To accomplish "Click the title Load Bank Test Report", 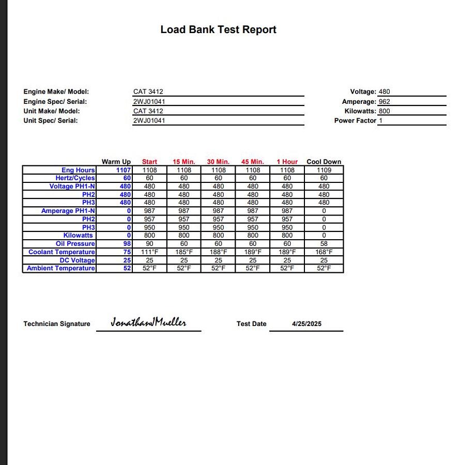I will [218, 29].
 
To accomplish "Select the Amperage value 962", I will [384, 102].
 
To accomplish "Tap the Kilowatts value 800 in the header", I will [384, 111].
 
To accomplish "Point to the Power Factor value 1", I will [381, 120].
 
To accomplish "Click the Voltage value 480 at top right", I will [384, 92].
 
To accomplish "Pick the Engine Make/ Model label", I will [56, 92].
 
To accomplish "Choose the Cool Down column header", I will [324, 162].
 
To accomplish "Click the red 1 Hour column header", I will [287, 162].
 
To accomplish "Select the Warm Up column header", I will [116, 162].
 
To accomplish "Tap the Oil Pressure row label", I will [75, 244].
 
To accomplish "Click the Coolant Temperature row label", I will [62, 252].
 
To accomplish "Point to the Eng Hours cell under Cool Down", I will [324, 170].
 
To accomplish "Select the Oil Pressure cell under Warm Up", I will [127, 244].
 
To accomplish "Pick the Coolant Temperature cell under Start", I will [149, 252].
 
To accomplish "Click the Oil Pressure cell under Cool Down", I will [324, 244].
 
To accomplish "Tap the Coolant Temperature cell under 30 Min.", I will [218, 252].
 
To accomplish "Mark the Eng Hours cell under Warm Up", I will [124, 170].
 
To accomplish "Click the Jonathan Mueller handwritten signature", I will [148, 322].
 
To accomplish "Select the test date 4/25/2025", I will [306, 324].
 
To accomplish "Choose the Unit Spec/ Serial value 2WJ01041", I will [149, 120].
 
